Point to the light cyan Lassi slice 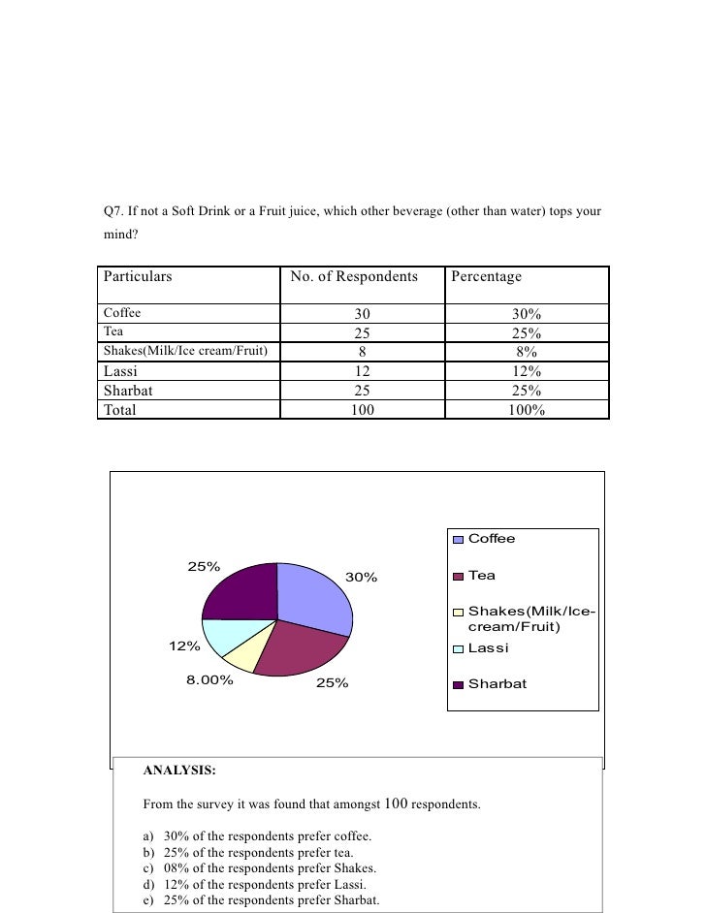pos(222,636)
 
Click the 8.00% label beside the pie pos(210,680)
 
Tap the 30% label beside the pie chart pos(361,578)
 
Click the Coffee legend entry pos(491,539)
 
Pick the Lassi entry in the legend pos(488,647)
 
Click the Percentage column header pos(486,277)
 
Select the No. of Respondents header pos(354,277)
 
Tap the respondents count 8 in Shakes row pos(362,352)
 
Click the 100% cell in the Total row pos(526,410)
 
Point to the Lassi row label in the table pos(120,371)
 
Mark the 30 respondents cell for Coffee pos(362,314)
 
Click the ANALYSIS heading pos(179,771)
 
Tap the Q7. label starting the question pos(114,210)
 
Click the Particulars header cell pos(138,277)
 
